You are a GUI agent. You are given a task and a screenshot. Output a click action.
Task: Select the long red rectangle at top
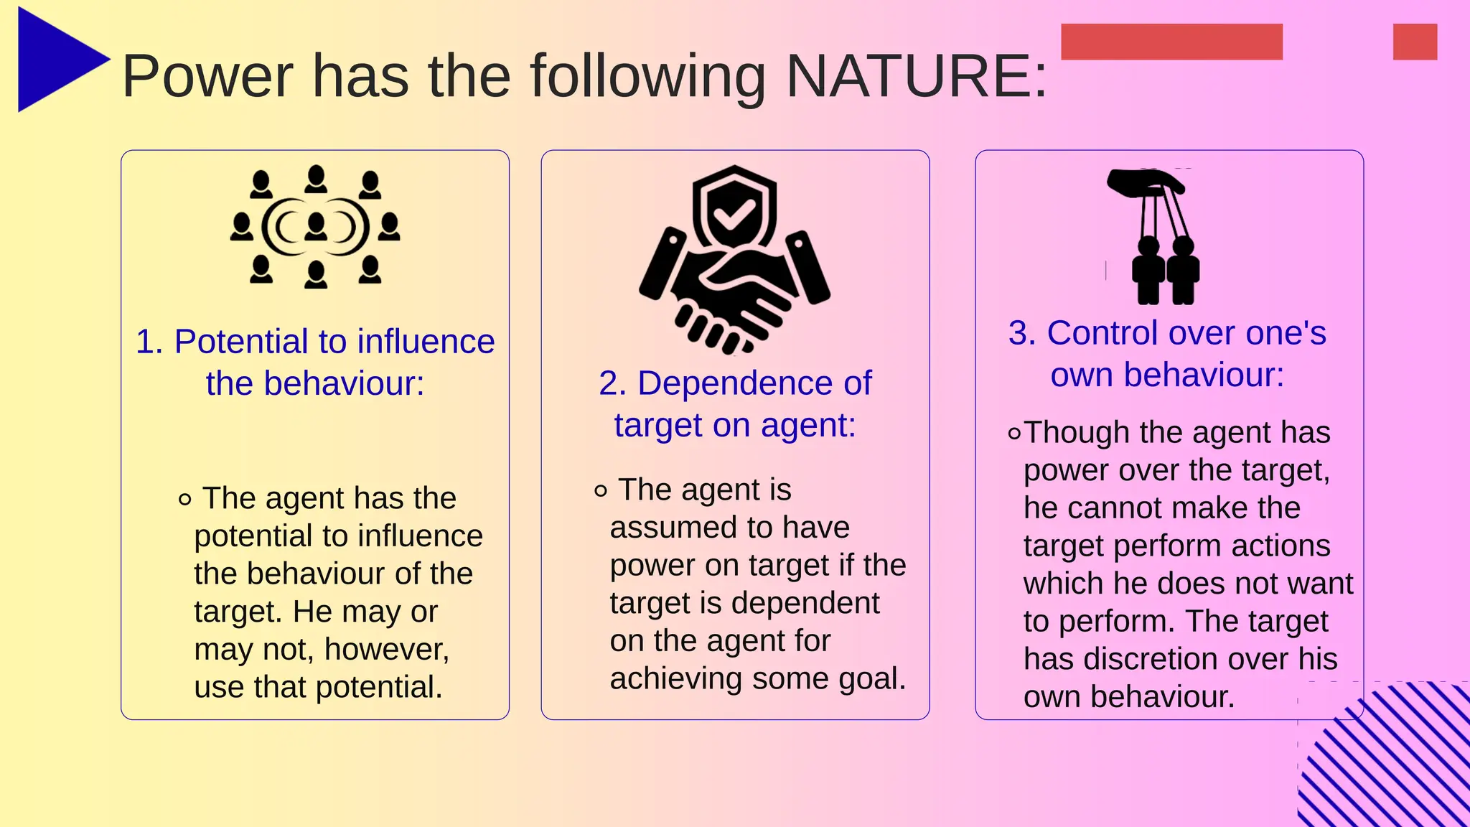pyautogui.click(x=1171, y=42)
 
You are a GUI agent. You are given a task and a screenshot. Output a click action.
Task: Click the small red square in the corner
pyautogui.click(x=1415, y=42)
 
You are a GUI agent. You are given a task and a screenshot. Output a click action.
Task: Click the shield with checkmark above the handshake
pyautogui.click(x=734, y=209)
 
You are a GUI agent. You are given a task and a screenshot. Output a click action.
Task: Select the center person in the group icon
pyautogui.click(x=316, y=227)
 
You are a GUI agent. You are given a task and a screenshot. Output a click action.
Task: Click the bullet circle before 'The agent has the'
pyautogui.click(x=185, y=499)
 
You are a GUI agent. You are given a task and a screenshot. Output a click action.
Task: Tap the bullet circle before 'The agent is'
pyautogui.click(x=601, y=491)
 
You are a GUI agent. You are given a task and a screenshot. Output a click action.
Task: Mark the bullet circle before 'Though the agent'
pyautogui.click(x=1014, y=434)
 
